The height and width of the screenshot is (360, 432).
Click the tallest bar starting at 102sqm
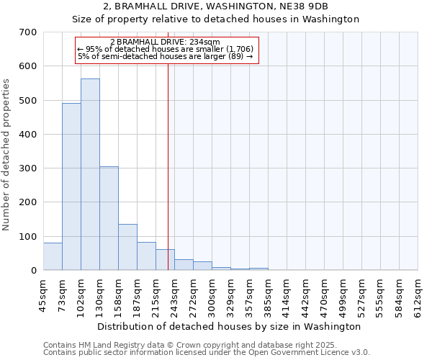[x=90, y=174]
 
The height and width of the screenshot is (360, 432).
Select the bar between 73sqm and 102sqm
[x=71, y=186]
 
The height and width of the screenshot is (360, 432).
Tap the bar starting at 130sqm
[x=109, y=218]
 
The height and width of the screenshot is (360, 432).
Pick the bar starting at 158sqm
[x=127, y=247]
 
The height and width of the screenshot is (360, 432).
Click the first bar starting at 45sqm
[x=53, y=256]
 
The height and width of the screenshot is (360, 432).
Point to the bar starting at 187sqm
[x=146, y=256]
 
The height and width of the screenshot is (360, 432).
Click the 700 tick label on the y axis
[x=28, y=32]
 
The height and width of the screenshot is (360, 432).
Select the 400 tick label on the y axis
[x=28, y=135]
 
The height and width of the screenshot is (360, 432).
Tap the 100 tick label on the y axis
[x=28, y=237]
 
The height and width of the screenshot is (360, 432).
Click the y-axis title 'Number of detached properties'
[x=7, y=155]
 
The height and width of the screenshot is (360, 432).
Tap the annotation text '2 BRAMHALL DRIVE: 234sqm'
[x=165, y=42]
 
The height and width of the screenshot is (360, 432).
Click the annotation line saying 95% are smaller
[x=165, y=49]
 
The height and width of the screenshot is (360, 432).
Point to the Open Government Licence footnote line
[x=207, y=353]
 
